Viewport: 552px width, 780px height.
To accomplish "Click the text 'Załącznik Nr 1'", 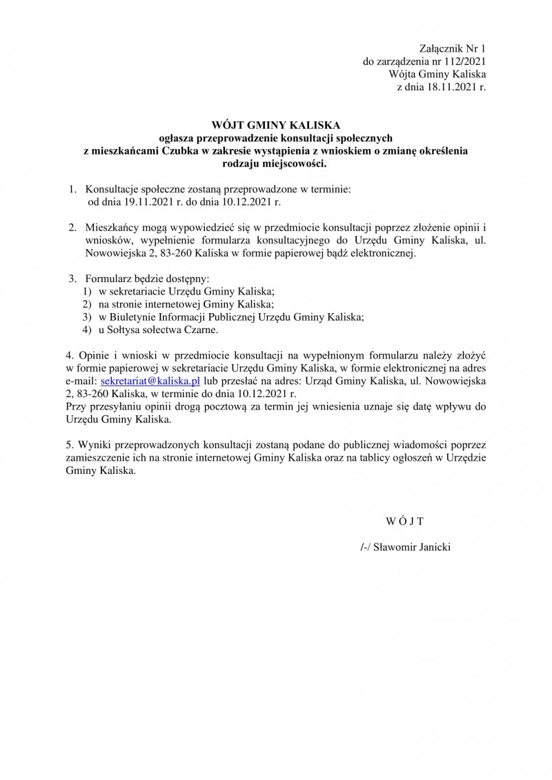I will (x=453, y=48).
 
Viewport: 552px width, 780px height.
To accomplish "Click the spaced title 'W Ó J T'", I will (x=404, y=519).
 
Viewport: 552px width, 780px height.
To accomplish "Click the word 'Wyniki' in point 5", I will (x=93, y=443).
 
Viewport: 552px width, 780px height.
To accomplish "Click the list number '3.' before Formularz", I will (x=72, y=279).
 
